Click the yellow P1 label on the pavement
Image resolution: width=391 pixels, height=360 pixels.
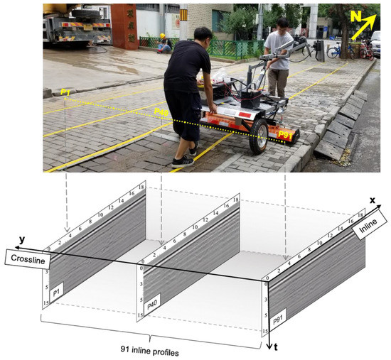click(x=65, y=93)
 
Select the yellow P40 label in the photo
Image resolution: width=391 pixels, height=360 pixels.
click(x=161, y=112)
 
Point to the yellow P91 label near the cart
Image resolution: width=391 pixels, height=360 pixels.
click(x=286, y=136)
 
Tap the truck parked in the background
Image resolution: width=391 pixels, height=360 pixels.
click(x=74, y=25)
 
